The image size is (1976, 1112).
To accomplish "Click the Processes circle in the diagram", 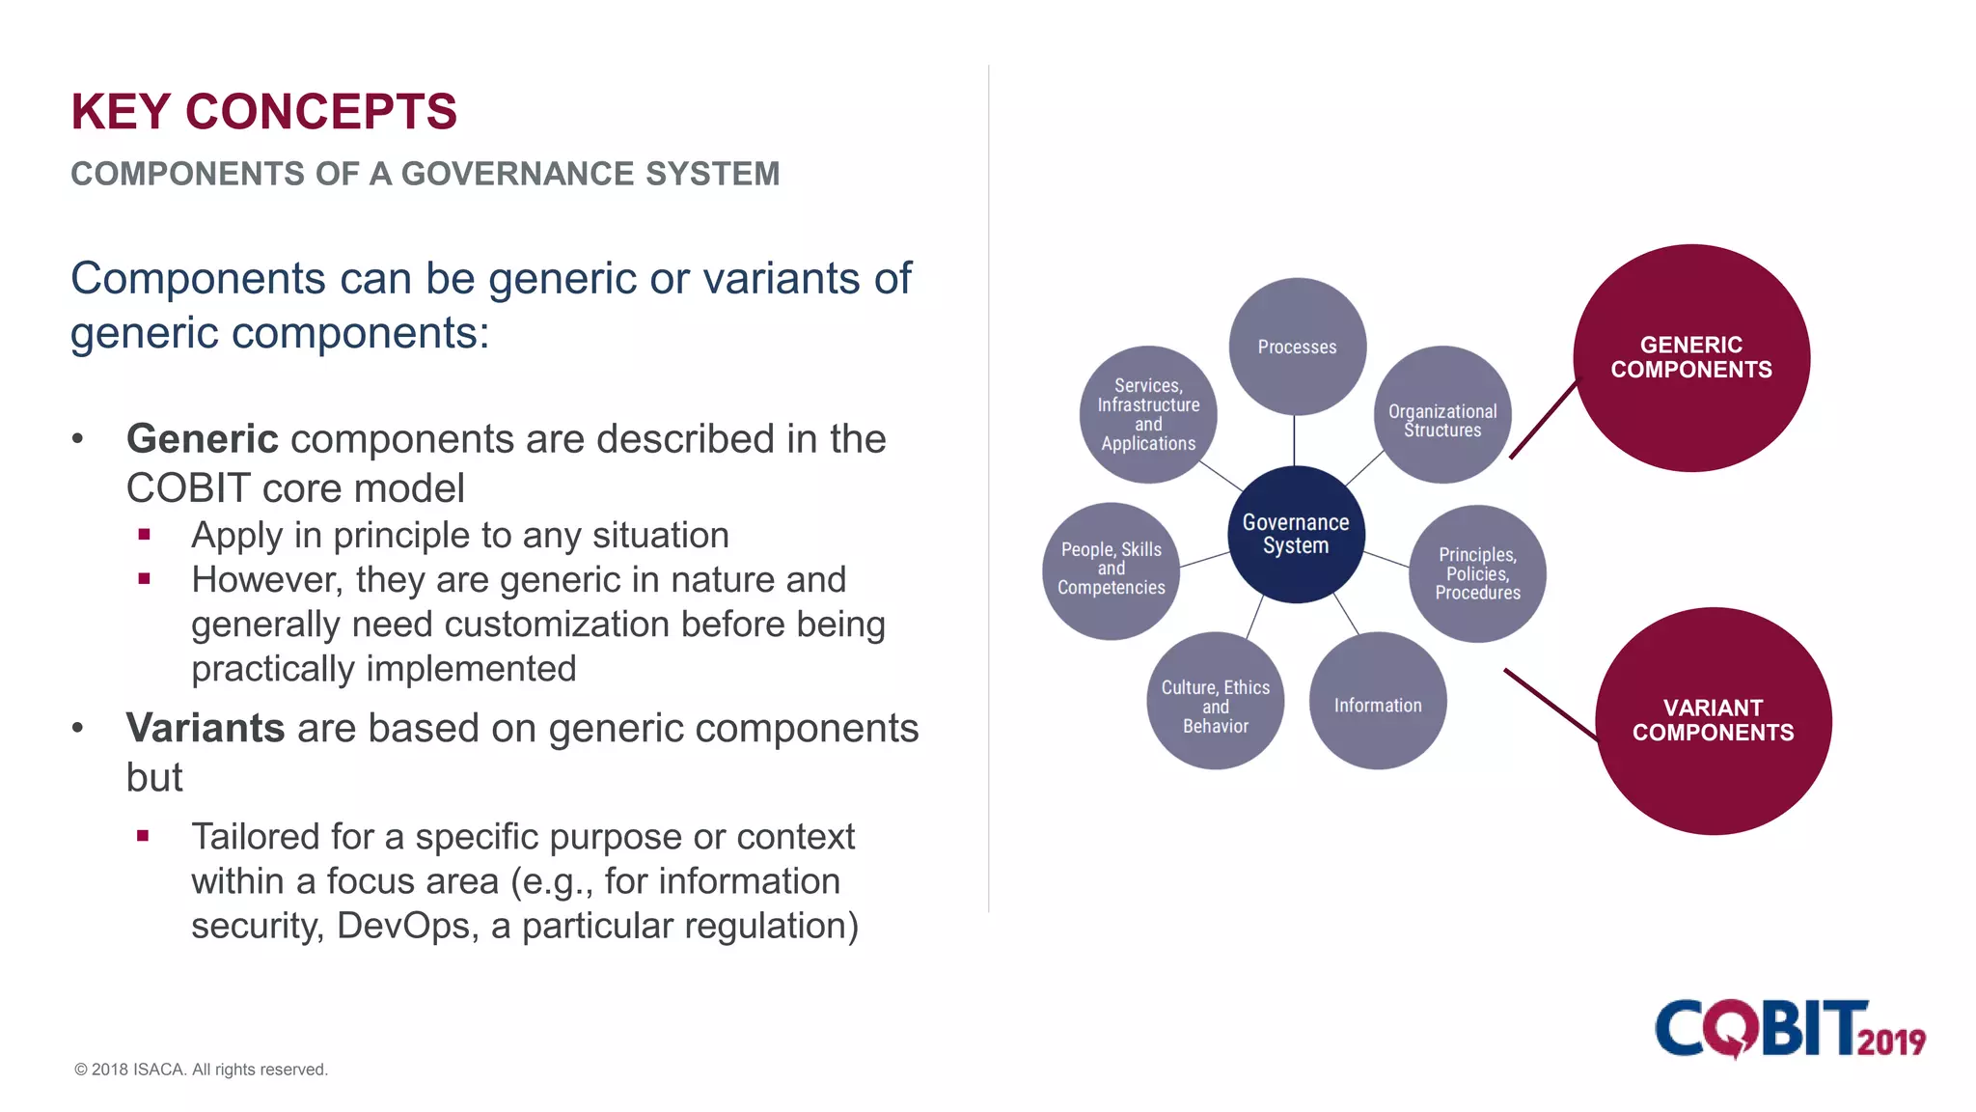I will [1297, 347].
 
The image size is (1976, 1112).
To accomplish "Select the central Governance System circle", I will [1296, 534].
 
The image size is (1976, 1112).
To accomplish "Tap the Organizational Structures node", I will [1442, 415].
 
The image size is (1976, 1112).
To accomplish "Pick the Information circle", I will [1378, 702].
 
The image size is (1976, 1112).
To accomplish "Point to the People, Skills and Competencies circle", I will [1111, 570].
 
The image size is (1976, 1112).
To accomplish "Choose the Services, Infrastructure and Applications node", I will [1148, 414].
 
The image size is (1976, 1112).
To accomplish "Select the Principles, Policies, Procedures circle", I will [1477, 573].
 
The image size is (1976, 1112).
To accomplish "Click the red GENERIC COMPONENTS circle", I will [1691, 358].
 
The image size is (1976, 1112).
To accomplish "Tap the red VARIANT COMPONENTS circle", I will [1713, 721].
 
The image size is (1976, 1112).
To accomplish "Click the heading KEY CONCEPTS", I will [263, 112].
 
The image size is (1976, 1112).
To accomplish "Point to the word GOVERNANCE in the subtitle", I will [518, 175].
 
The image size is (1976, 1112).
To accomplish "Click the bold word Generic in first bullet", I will [203, 439].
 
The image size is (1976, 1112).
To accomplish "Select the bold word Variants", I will [206, 728].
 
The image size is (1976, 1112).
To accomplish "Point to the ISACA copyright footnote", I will [201, 1070].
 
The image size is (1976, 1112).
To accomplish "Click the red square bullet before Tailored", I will [143, 836].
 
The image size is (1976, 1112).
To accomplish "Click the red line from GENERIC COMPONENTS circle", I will [1544, 420].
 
